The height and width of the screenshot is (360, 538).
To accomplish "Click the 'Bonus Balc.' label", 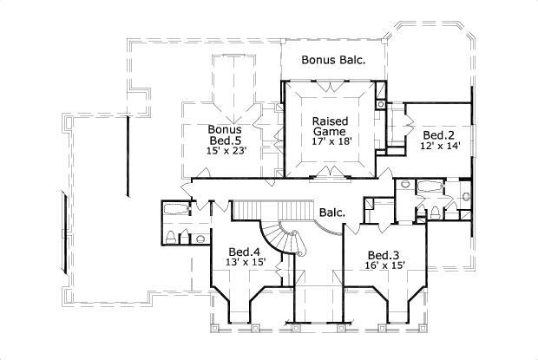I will pos(332,60).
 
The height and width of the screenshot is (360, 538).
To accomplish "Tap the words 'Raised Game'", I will pos(330,126).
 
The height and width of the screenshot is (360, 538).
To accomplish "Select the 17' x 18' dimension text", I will pos(331,141).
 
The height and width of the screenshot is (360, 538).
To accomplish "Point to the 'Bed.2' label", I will pos(438,135).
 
